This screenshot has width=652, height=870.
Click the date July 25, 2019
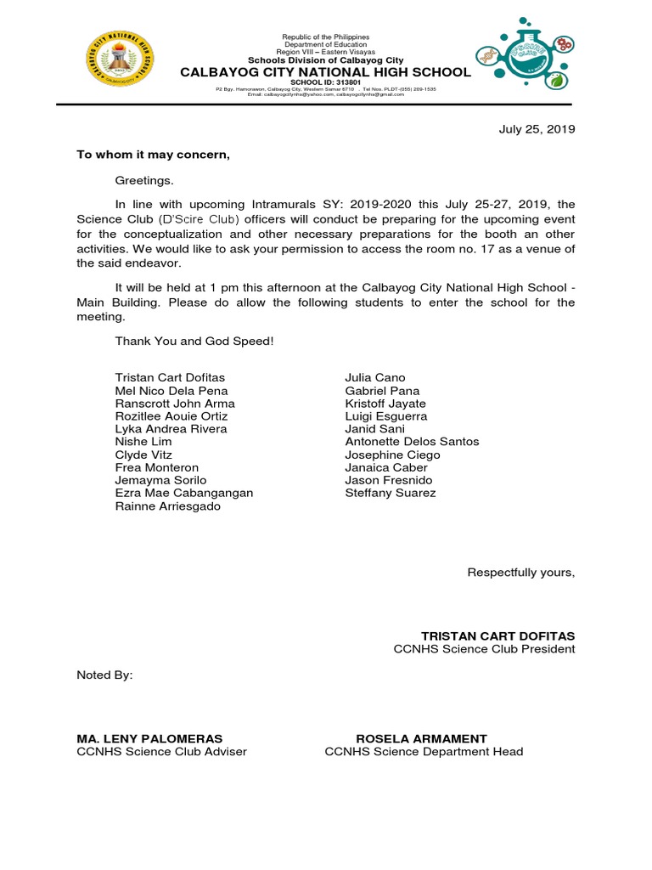point(536,130)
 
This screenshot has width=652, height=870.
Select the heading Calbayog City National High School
point(325,73)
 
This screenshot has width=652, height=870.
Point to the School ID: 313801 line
point(325,82)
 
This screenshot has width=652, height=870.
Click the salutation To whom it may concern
point(153,155)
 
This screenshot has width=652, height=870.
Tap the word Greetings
point(144,180)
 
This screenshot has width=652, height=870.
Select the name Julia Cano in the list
point(375,377)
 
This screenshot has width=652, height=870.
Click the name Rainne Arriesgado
point(168,506)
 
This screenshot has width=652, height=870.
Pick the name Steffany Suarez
point(391,493)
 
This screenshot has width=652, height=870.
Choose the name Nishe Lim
point(143,442)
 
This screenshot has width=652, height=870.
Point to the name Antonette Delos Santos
point(412,442)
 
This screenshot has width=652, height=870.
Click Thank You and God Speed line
point(194,342)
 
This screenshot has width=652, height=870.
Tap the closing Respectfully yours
point(520,573)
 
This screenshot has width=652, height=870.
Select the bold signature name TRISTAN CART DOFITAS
point(497,636)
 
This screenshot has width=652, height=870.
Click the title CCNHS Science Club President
point(484,649)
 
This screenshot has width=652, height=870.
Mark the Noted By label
point(104,675)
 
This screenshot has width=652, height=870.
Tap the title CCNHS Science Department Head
point(424,752)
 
